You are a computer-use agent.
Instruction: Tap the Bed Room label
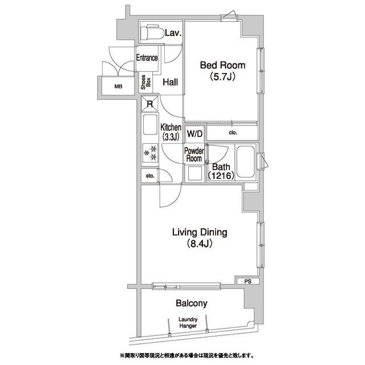(x=222, y=65)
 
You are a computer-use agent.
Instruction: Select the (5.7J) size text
(x=222, y=76)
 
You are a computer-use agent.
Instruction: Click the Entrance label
(x=147, y=58)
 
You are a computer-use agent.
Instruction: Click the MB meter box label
(x=118, y=87)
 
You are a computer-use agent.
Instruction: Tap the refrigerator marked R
(x=149, y=104)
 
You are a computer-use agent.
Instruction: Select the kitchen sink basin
(x=150, y=124)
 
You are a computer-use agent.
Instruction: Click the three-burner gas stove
(x=150, y=153)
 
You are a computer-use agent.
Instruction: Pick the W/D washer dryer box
(x=195, y=134)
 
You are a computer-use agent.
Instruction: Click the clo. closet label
(x=233, y=133)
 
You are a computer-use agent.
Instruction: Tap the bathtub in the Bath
(x=245, y=161)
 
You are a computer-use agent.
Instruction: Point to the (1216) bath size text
(x=221, y=175)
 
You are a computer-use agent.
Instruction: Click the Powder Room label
(x=194, y=155)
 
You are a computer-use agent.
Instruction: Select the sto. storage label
(x=150, y=176)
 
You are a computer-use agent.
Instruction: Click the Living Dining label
(x=200, y=232)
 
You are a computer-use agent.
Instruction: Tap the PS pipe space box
(x=248, y=281)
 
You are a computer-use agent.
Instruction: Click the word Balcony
(x=192, y=303)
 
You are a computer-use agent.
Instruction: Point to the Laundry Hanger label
(x=188, y=323)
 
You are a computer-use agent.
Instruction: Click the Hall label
(x=170, y=82)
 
